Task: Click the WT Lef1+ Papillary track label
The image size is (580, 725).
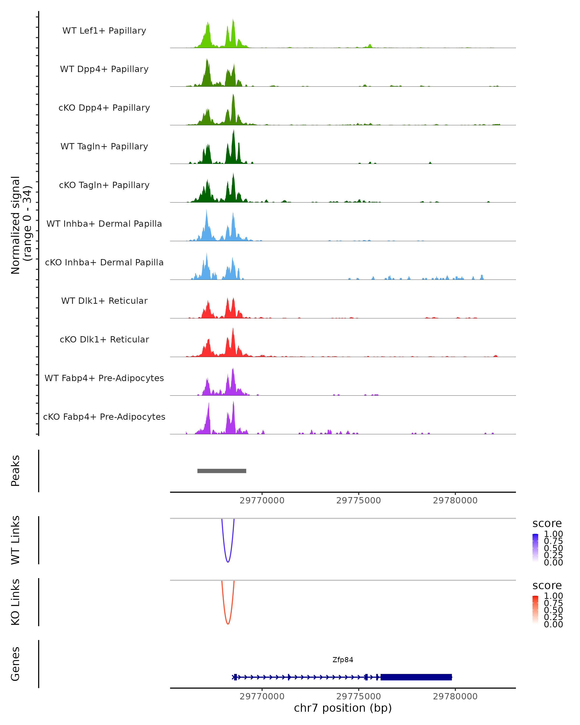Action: [x=104, y=31]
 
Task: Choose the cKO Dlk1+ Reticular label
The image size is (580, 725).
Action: [x=104, y=339]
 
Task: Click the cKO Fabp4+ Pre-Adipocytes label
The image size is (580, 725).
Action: [x=104, y=417]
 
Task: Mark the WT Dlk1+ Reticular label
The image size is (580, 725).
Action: [x=104, y=301]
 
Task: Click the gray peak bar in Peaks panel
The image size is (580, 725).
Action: [x=222, y=471]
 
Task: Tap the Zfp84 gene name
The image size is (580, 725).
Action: [x=343, y=660]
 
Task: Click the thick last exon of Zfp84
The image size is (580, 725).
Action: [x=416, y=677]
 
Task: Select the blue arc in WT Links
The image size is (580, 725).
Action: [x=228, y=562]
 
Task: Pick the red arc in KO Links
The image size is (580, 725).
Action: [x=228, y=623]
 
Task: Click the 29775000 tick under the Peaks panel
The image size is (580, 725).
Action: [x=358, y=500]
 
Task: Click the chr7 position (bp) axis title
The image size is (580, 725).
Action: [x=343, y=708]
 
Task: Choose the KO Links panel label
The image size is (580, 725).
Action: [x=15, y=602]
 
